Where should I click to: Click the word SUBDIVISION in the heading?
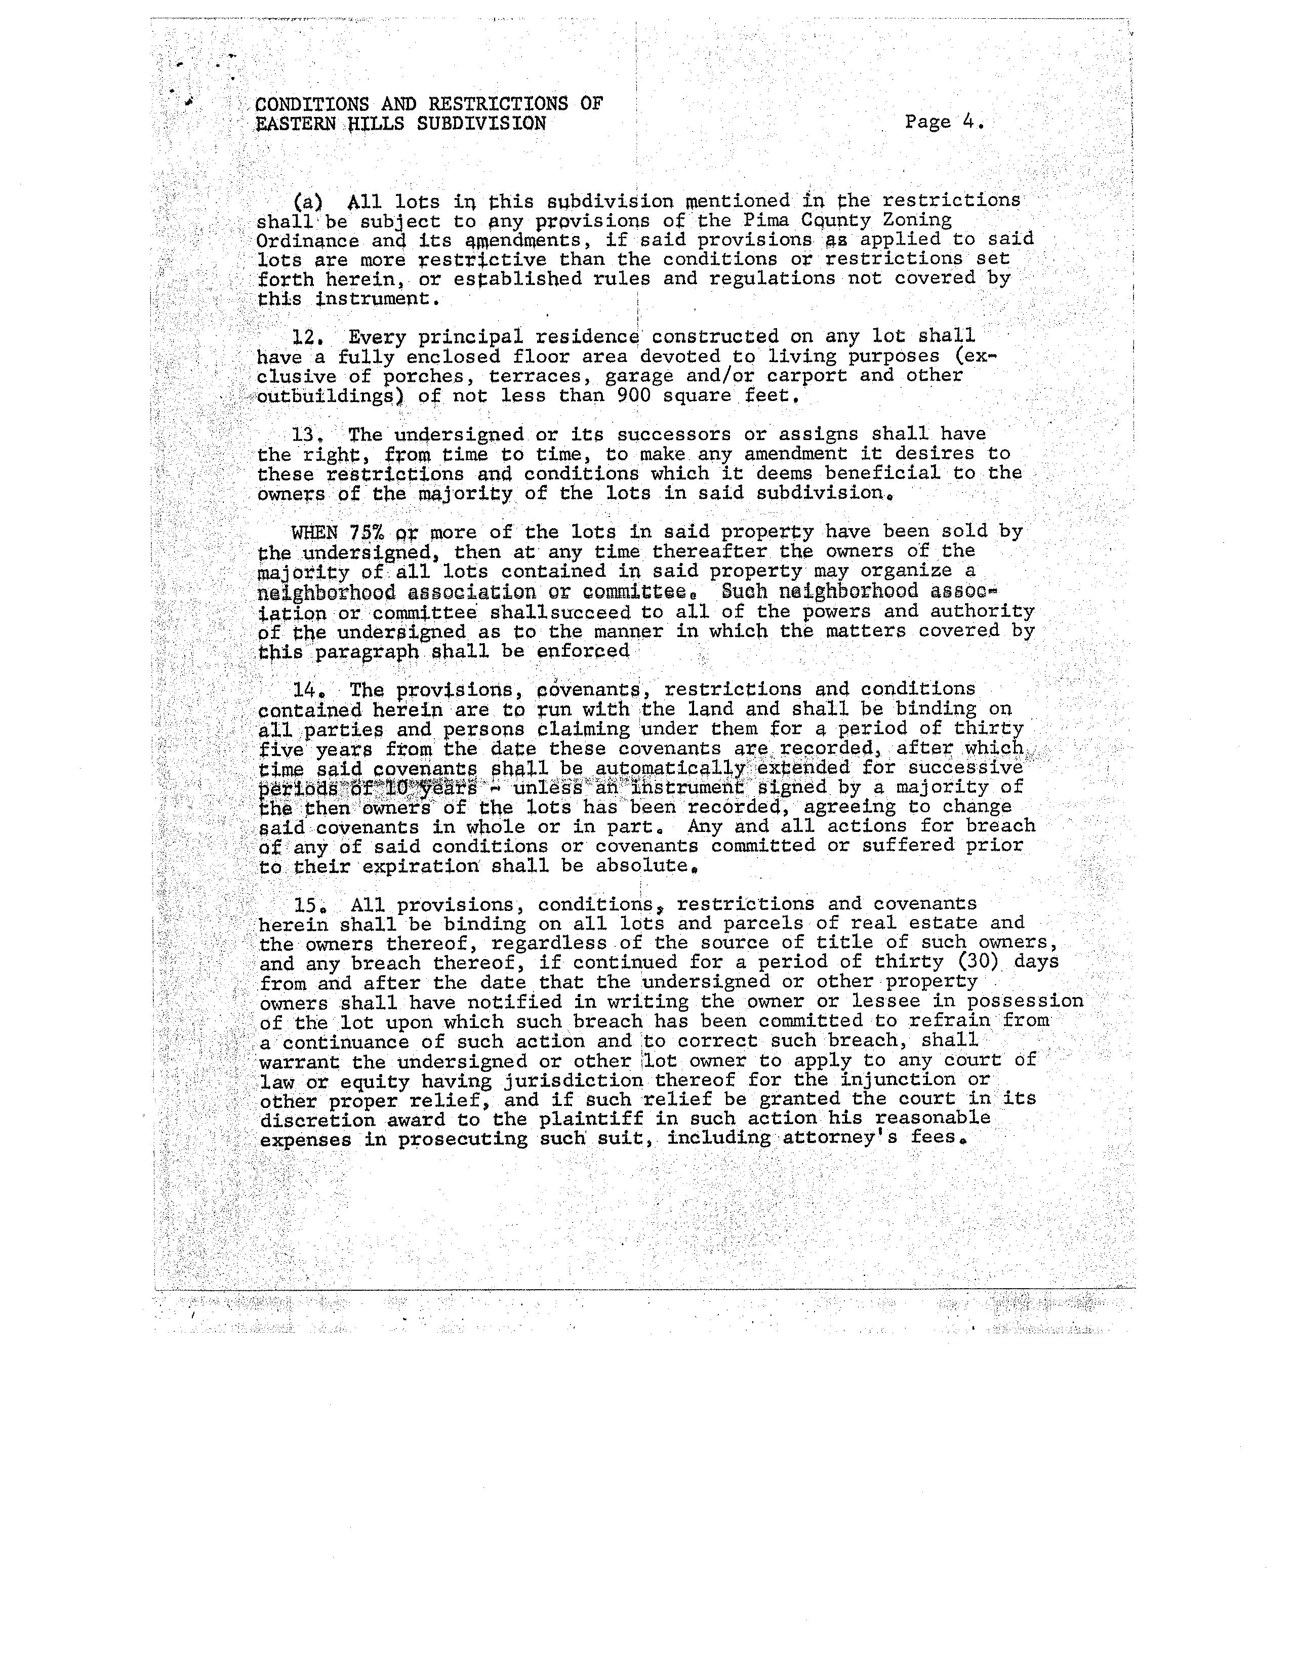click(481, 124)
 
